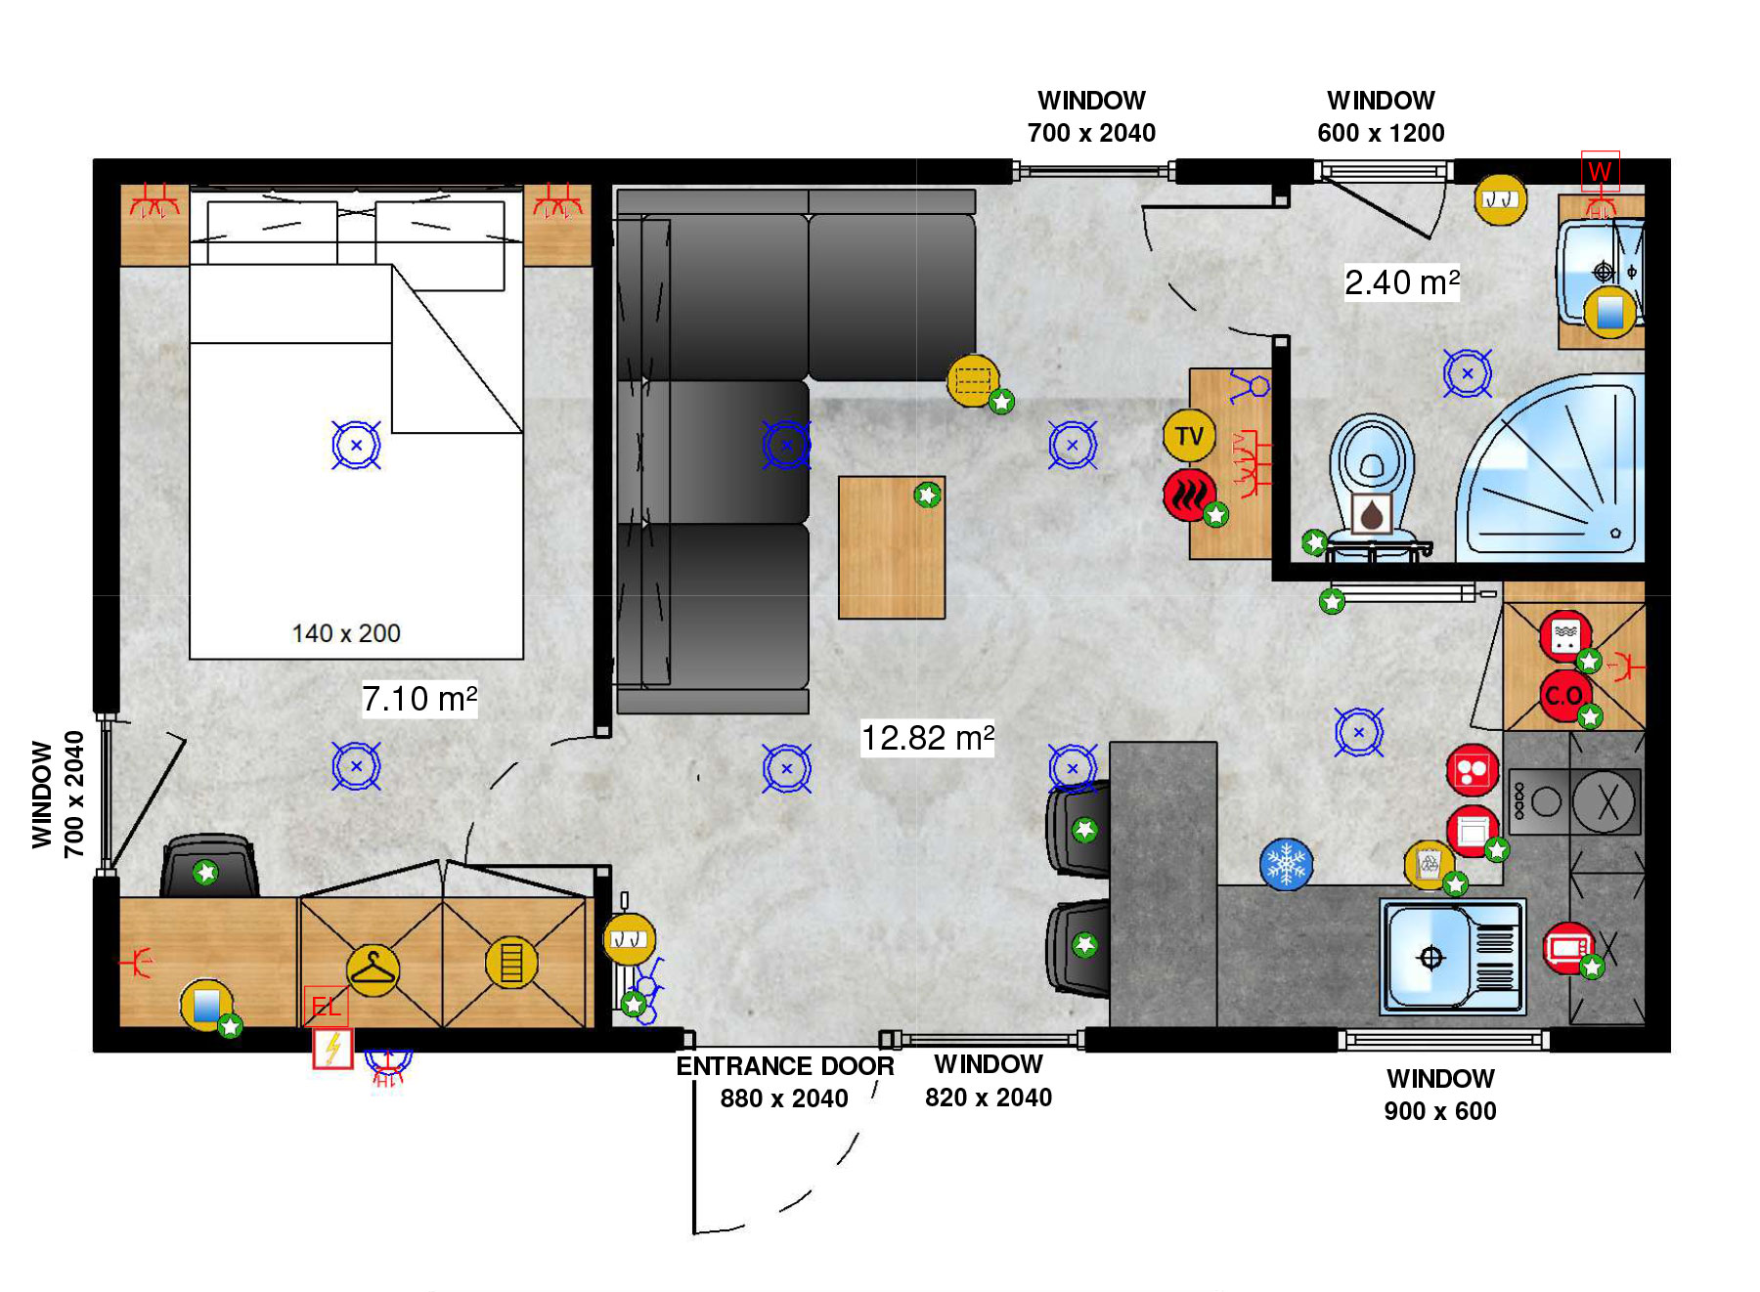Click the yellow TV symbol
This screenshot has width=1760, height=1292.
point(1189,436)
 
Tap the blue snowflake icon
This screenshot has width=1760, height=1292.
point(1286,865)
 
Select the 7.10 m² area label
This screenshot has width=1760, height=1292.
point(419,699)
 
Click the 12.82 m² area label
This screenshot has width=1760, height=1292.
point(927,738)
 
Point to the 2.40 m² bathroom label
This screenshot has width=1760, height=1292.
point(1402,282)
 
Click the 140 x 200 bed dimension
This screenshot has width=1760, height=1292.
point(346,633)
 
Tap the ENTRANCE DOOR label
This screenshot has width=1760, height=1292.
point(785,1066)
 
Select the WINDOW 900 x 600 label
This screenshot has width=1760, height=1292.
point(1440,1095)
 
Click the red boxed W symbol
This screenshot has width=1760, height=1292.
point(1601,171)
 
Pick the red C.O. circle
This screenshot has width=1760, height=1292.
point(1564,696)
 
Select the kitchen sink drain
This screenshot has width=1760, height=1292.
point(1430,958)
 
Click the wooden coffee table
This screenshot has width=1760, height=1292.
point(892,547)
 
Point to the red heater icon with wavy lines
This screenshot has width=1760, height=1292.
point(1189,495)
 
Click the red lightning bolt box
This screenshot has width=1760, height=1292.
point(332,1049)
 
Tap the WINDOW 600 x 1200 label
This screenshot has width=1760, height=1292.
point(1381,116)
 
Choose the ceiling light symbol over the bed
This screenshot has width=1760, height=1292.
point(356,445)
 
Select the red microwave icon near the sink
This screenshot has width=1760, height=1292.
point(1567,947)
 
